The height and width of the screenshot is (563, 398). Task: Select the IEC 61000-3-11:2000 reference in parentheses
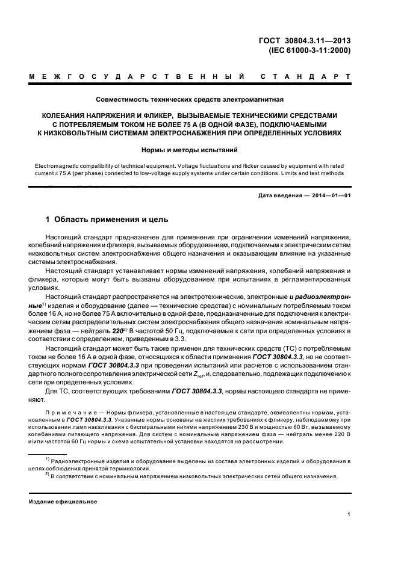[305, 51]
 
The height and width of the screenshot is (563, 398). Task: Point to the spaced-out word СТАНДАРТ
[305, 77]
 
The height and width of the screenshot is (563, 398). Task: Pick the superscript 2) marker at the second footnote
[47, 475]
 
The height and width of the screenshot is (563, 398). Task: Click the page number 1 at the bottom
[349, 514]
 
